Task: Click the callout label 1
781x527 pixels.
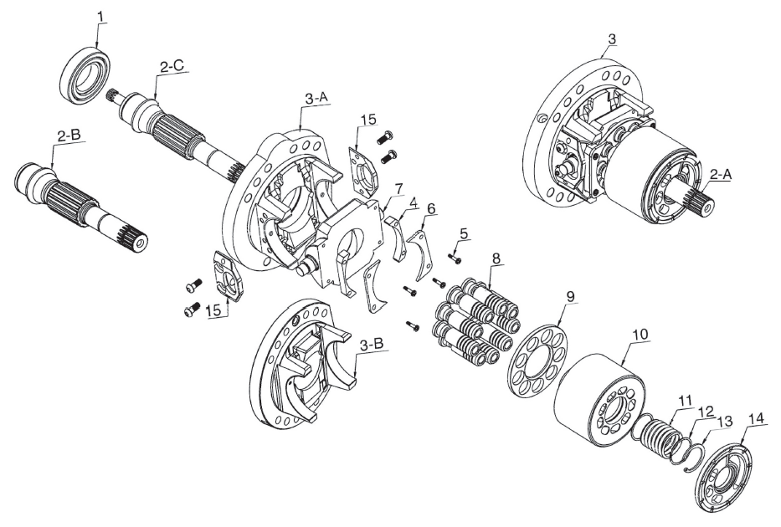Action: click(101, 17)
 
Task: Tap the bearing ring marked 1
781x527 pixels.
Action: click(85, 74)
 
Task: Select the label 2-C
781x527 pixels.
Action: click(172, 66)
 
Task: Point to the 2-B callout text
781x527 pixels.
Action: click(69, 136)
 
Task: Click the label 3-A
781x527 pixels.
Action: click(316, 99)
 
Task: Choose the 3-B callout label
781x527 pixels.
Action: click(372, 344)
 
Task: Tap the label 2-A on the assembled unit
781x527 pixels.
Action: click(721, 174)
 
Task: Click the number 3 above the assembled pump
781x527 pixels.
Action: click(612, 38)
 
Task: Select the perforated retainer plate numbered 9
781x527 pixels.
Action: click(537, 361)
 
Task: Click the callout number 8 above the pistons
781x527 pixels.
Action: click(496, 258)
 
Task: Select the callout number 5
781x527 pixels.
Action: click(464, 233)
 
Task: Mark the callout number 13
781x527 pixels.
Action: click(724, 421)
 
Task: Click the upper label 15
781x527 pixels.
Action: click(369, 120)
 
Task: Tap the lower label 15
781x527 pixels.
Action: click(213, 310)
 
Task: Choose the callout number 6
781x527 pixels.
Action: click(431, 208)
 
